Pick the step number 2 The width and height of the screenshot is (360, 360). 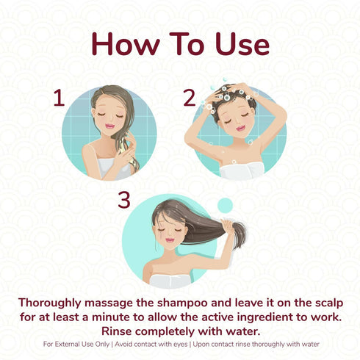tap(190, 98)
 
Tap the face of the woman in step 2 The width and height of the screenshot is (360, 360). tap(237, 121)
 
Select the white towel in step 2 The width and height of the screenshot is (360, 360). tap(242, 170)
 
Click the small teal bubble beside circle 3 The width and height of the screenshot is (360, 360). tap(226, 204)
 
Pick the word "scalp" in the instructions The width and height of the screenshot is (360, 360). tap(324, 303)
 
